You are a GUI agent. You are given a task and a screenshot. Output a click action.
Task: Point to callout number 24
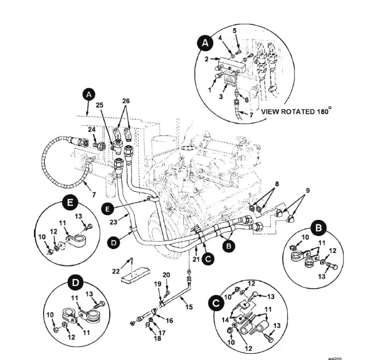point(91,130)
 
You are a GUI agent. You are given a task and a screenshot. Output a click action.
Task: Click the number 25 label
point(100,105)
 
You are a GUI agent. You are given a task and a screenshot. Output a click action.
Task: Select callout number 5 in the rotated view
point(234,30)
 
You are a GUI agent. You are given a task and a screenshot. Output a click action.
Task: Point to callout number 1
point(210,89)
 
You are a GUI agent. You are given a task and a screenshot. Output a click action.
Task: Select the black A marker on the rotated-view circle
point(204,42)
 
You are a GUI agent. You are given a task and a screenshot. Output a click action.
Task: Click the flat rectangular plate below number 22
point(133,277)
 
